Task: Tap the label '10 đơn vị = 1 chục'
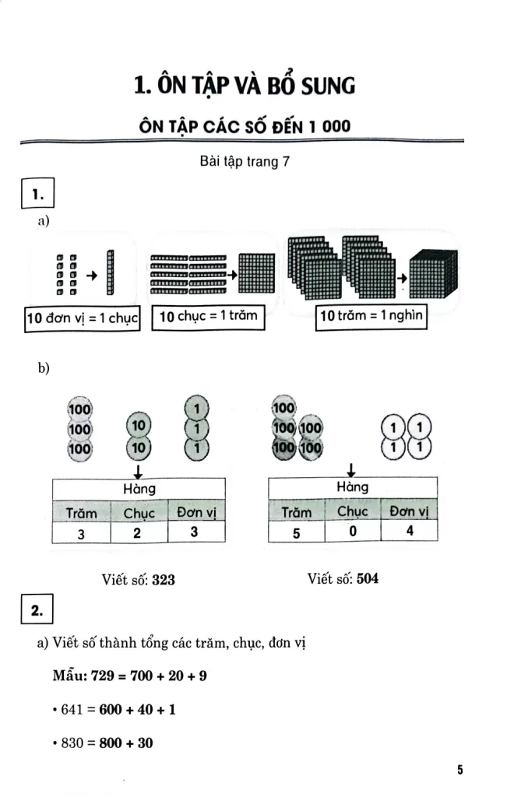[x=83, y=319]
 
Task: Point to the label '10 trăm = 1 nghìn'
[x=371, y=318]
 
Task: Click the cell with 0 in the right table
[x=352, y=532]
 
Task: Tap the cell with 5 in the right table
[x=297, y=532]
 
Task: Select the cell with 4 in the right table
[x=409, y=532]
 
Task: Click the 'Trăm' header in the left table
[x=82, y=513]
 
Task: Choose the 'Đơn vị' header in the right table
[x=409, y=511]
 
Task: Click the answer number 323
[x=164, y=579]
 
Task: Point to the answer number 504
[x=368, y=578]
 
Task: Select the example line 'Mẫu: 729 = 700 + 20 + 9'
[x=129, y=675]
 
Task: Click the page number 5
[x=460, y=770]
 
